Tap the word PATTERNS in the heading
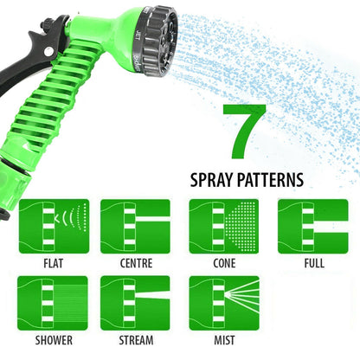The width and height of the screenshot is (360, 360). (x=272, y=181)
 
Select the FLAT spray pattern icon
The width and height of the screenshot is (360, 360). (x=54, y=227)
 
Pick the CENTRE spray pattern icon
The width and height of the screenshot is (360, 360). (x=134, y=227)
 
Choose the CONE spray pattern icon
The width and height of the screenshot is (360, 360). (x=223, y=227)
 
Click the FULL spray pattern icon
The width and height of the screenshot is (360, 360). (x=312, y=227)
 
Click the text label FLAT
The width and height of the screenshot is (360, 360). (x=53, y=263)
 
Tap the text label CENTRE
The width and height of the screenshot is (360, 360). (x=134, y=263)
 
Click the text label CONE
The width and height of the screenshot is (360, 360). (x=223, y=263)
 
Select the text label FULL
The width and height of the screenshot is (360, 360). (x=312, y=263)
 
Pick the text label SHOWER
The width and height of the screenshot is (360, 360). (x=54, y=340)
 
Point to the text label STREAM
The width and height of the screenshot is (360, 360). (x=134, y=340)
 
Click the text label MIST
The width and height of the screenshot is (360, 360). (x=223, y=340)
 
